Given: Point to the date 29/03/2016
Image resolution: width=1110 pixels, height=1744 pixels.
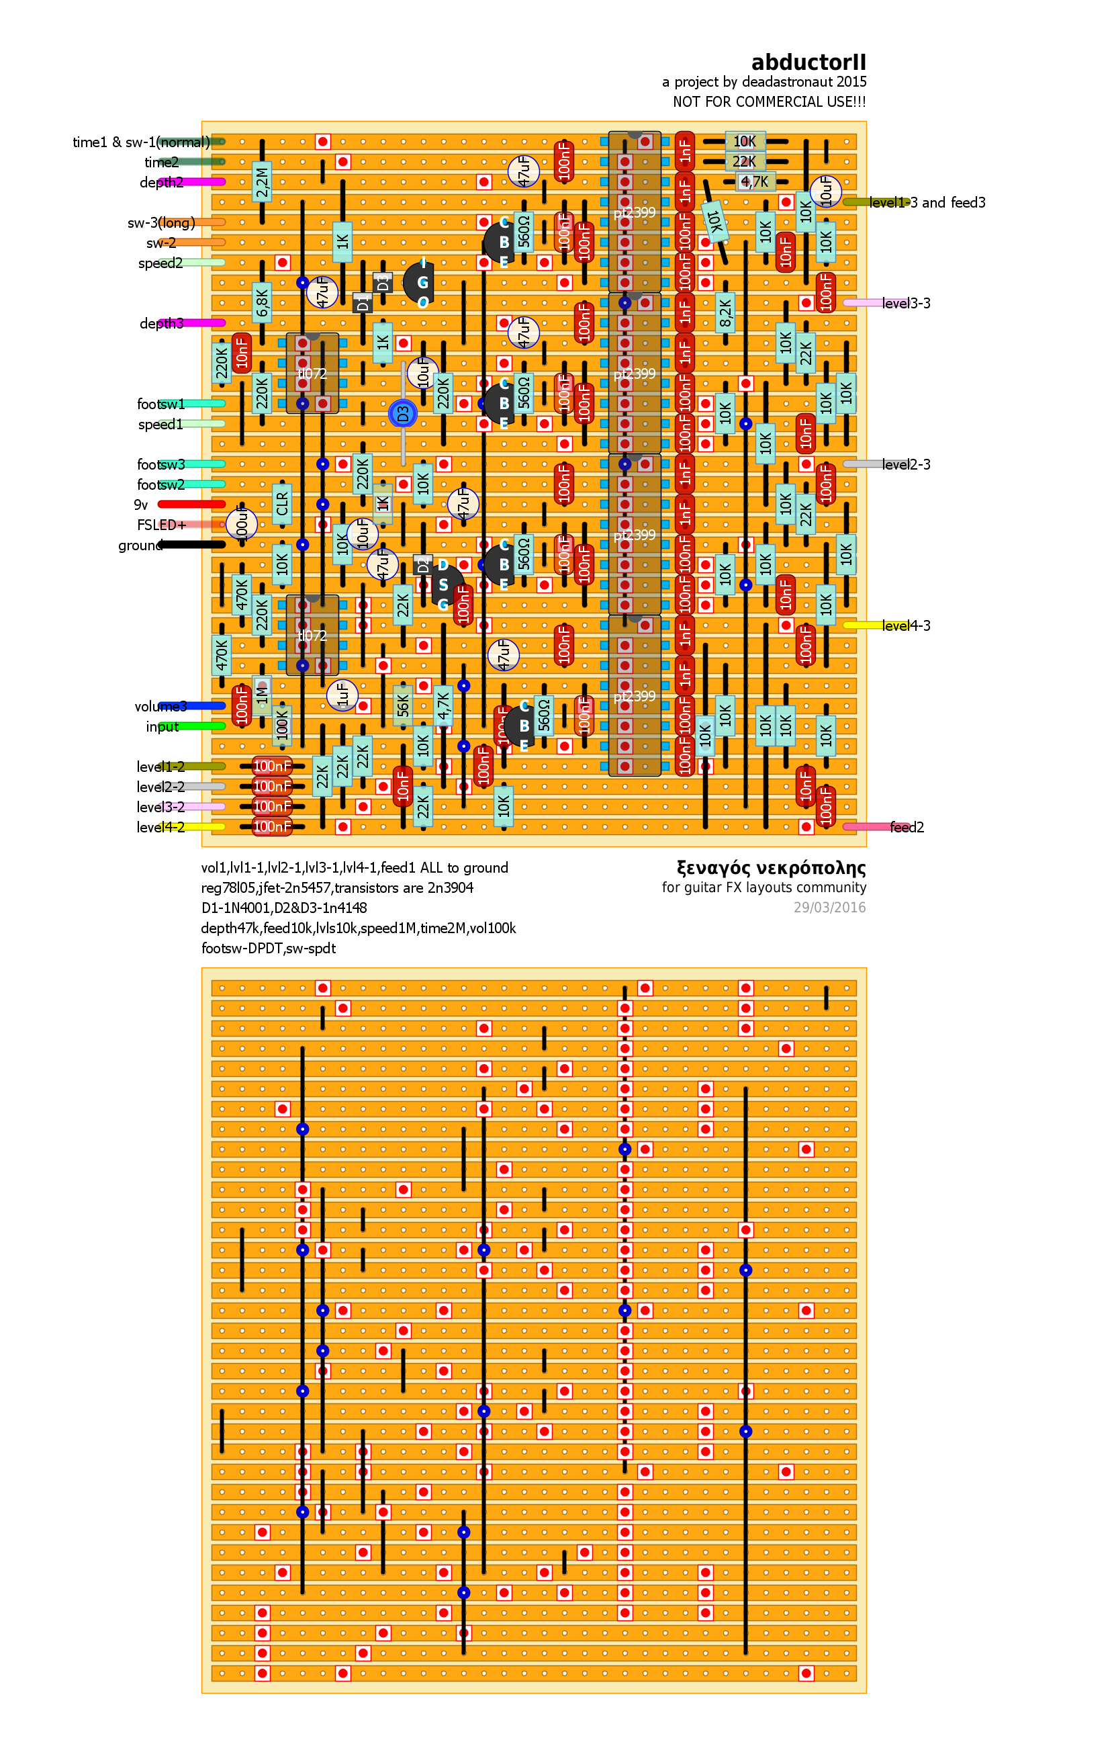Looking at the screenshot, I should coord(829,908).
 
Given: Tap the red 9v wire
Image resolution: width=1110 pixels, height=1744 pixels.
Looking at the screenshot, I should coord(192,504).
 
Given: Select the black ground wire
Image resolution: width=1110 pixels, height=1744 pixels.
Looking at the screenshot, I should coord(192,545).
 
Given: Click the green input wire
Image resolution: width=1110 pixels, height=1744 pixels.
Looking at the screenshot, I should coord(195,726).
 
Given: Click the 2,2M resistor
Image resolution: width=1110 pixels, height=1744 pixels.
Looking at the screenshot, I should coord(262,182).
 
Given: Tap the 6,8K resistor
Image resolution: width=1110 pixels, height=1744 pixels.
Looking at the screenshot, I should coord(262,303).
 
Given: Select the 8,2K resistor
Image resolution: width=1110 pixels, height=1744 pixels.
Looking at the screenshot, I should coord(725,313).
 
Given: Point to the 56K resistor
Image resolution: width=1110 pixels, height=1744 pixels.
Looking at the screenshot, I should coord(403,705).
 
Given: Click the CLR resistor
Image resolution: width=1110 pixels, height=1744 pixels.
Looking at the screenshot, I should coord(283,504).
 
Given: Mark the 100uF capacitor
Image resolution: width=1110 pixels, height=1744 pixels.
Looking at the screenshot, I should coord(242,525).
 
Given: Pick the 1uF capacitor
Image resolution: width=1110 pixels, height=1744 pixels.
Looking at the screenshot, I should coord(342,695).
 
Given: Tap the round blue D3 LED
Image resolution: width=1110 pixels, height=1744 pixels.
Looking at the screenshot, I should coord(403,414).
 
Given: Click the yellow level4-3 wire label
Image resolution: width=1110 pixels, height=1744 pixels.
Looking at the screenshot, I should coord(906,625).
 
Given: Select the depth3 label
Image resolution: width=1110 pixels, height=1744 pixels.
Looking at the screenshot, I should coord(161,323).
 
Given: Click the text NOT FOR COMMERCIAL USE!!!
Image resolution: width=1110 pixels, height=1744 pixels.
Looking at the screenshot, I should coord(769,102).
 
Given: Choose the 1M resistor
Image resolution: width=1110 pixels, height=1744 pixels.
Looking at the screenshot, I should coord(262,695).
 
